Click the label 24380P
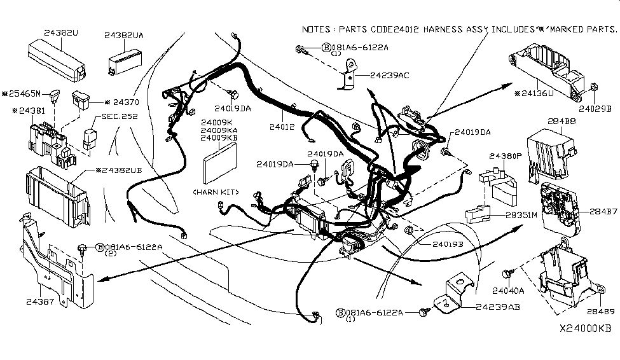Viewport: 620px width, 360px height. [505, 155]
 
